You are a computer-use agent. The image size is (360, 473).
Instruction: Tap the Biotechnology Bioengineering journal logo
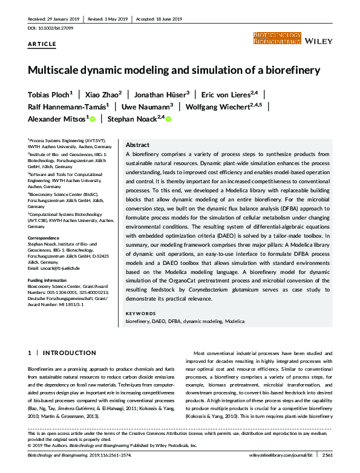277,39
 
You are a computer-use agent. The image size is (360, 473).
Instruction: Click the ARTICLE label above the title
42,44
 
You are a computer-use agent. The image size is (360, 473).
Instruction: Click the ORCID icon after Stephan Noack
168,120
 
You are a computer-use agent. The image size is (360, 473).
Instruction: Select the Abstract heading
137,145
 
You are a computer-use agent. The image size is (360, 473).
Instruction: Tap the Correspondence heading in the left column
45,238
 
